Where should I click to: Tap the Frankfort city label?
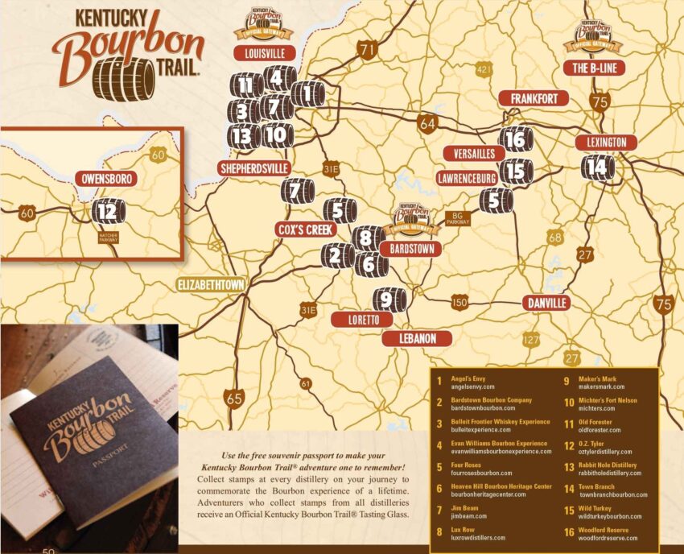coord(534,98)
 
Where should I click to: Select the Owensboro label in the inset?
coord(105,178)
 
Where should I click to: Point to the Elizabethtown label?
coord(212,284)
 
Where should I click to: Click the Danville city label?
coord(546,303)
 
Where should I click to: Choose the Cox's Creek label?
coord(305,229)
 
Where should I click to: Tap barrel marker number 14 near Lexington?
coord(596,167)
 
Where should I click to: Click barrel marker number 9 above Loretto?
coord(388,300)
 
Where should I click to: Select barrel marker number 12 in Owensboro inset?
coord(108,212)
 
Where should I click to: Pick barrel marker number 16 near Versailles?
coord(516,139)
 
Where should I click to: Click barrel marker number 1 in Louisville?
coord(307,94)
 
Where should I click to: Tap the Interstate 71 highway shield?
coord(369,50)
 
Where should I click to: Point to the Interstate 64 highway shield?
coord(426,124)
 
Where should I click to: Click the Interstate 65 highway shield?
coord(235,398)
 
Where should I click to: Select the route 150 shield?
coord(459,302)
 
